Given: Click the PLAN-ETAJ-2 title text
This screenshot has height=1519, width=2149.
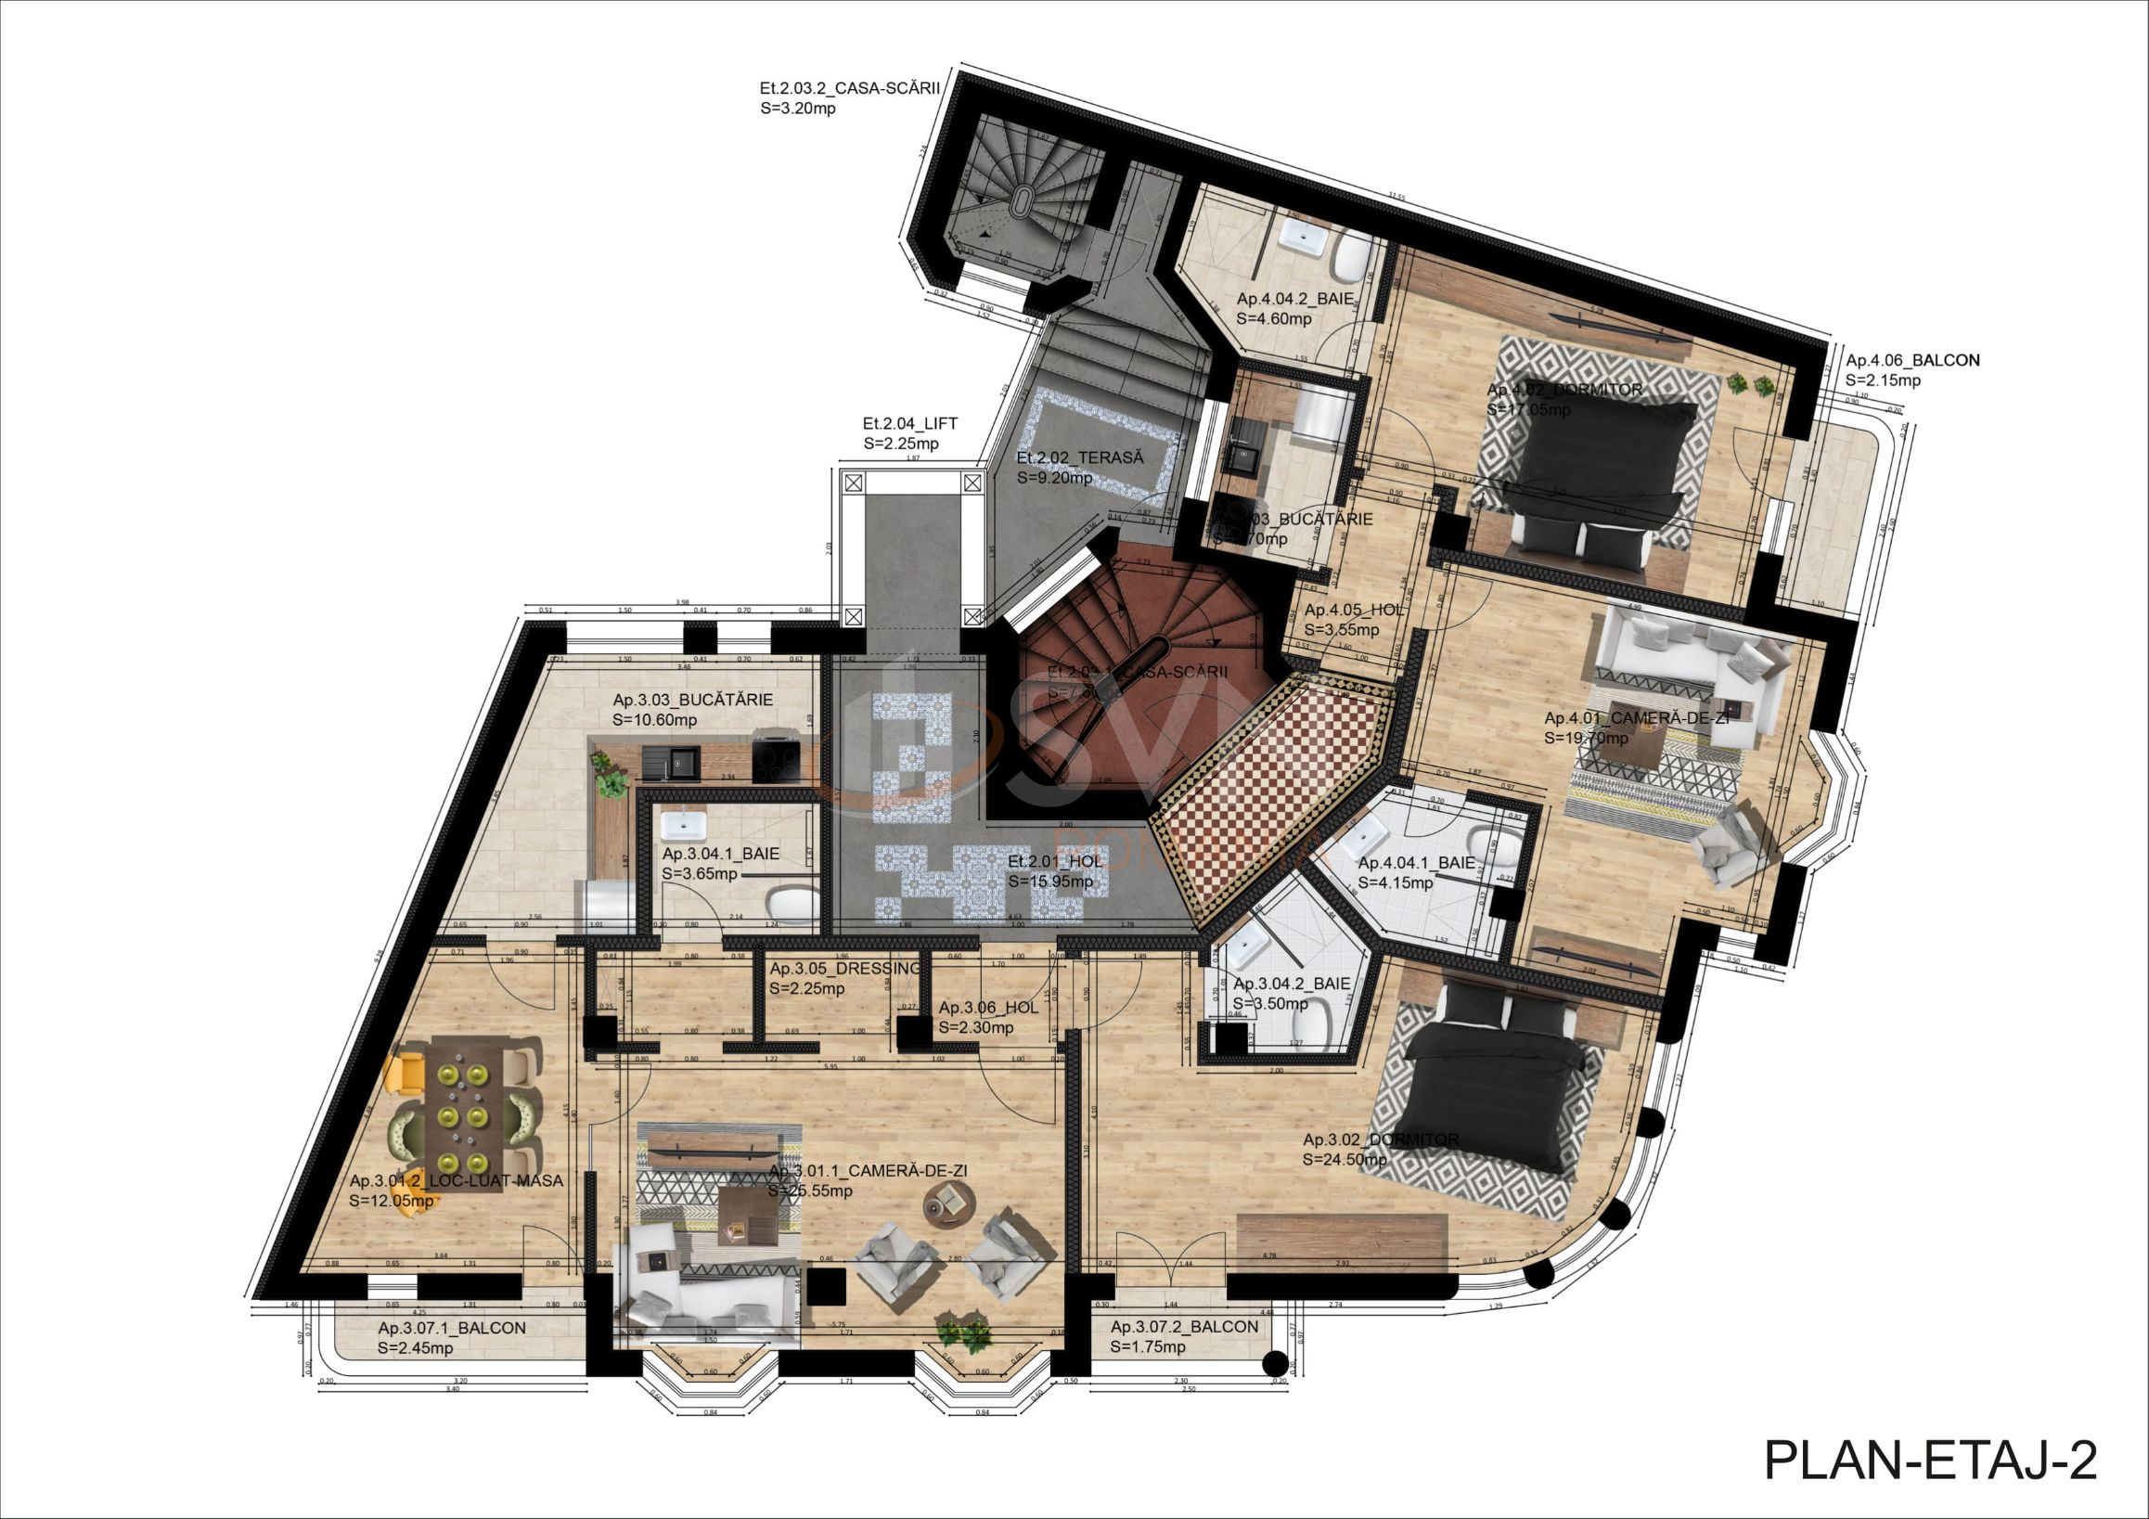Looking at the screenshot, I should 1930,1459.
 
